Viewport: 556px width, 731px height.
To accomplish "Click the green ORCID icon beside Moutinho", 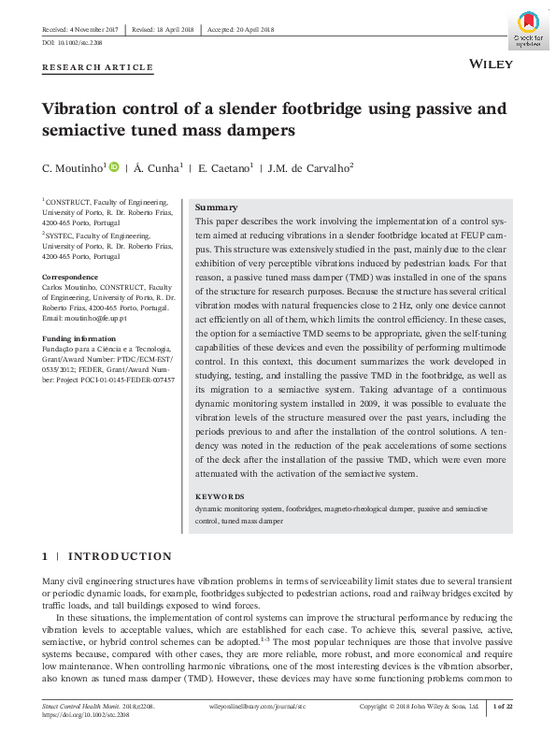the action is tap(115, 166).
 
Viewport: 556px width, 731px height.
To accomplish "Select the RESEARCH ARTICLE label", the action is tap(97, 67).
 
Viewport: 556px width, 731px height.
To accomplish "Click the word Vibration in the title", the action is tap(81, 107).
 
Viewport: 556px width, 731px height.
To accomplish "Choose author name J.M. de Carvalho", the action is tap(310, 167).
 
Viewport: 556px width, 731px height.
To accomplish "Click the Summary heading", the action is tap(215, 207).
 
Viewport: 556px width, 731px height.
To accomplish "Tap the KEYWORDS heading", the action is tap(220, 496).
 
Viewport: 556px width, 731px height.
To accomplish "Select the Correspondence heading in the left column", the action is tap(71, 278).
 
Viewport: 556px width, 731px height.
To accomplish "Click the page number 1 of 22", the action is tap(503, 706).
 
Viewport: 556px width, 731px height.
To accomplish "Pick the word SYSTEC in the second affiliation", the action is tap(60, 236).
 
